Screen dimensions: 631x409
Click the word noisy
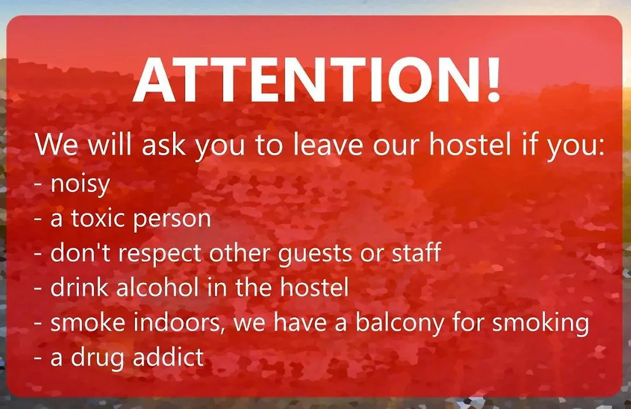click(x=80, y=185)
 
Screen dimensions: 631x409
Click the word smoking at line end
click(x=540, y=324)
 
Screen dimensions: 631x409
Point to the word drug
click(x=98, y=358)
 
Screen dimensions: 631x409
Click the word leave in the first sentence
click(x=328, y=144)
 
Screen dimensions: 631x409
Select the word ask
click(x=164, y=144)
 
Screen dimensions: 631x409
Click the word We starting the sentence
click(x=56, y=144)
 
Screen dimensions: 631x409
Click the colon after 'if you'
click(x=602, y=147)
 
